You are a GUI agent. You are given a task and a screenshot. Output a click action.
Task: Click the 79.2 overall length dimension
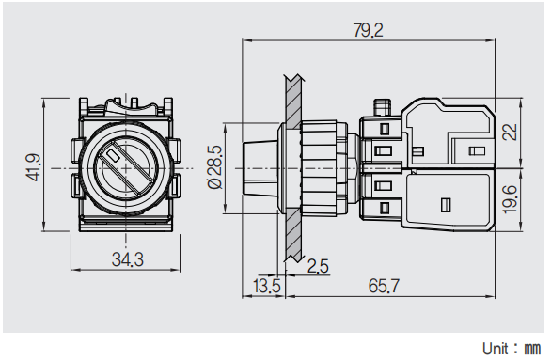368,30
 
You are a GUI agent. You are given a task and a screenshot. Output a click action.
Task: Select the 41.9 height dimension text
34,168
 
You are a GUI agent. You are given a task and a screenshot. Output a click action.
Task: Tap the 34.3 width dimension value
128,260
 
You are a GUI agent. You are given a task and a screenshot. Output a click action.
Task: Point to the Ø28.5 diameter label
214,167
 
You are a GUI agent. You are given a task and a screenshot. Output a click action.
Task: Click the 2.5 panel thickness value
318,266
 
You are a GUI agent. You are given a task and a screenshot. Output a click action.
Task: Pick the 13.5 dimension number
267,286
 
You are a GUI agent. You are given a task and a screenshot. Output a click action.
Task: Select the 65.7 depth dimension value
384,286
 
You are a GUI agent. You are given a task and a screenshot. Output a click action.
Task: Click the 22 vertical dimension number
510,132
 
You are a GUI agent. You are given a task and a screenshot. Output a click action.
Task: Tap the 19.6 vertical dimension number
510,199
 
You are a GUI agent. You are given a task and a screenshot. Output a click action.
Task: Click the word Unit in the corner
496,349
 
